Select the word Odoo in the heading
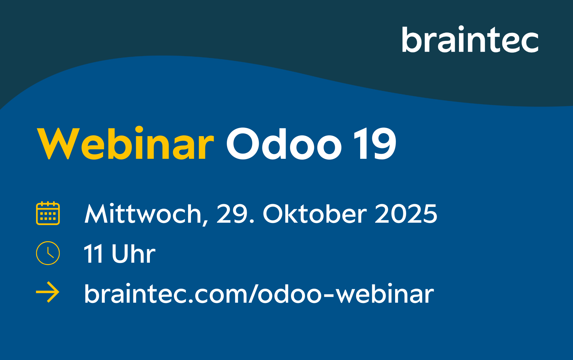pos(284,144)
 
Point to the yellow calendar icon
pos(48,213)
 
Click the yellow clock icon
pos(48,253)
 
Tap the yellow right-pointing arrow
pos(48,292)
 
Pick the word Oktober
pos(315,214)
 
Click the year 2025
pos(406,214)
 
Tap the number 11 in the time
pos(93,254)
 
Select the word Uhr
pos(133,254)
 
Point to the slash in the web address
pos(252,294)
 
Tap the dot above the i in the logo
pos(461,28)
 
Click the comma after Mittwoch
pos(205,222)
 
